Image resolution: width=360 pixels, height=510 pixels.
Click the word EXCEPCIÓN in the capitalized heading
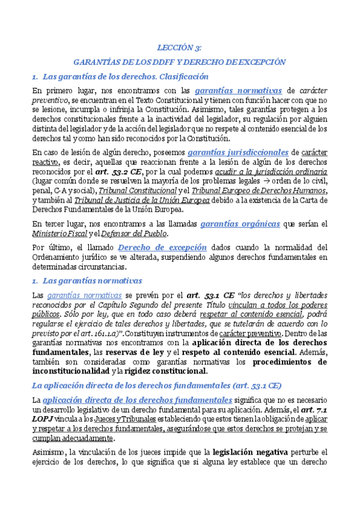click(x=260, y=61)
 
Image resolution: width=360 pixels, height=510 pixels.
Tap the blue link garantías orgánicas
click(x=240, y=223)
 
